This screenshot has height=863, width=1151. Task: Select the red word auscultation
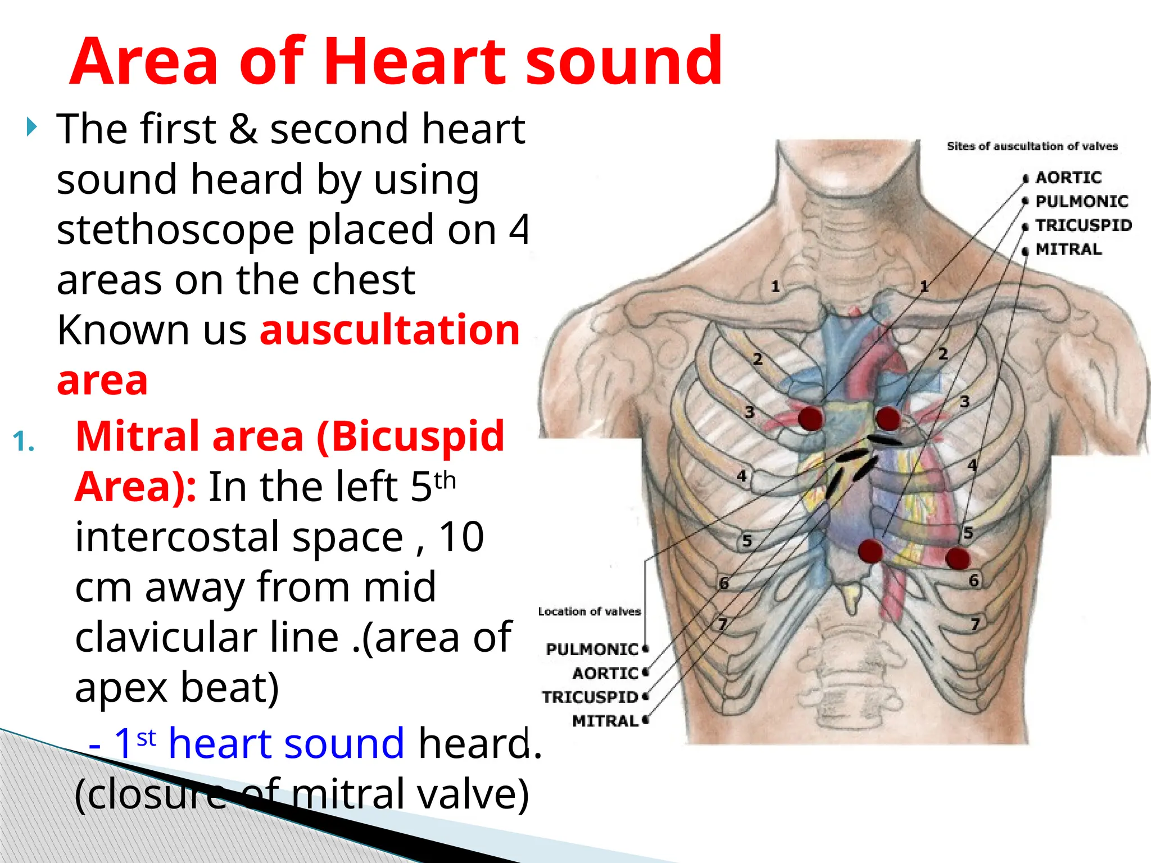coord(389,330)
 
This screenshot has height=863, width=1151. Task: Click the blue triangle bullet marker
coord(32,128)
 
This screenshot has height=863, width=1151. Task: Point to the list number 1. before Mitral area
coord(24,442)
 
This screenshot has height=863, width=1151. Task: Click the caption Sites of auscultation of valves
coord(1032,147)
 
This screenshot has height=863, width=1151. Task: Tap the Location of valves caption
coord(589,611)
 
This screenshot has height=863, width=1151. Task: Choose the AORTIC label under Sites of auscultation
coord(1068,178)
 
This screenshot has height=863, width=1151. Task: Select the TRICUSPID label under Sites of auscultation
coord(1083,225)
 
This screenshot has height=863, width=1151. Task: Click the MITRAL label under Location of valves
coord(605,721)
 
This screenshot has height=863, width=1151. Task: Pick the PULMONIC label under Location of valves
coord(592,649)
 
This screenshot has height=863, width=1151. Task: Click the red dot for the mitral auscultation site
coord(958,558)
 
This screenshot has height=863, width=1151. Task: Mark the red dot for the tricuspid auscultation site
coord(870,551)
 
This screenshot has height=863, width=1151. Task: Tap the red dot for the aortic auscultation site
coord(810,419)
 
